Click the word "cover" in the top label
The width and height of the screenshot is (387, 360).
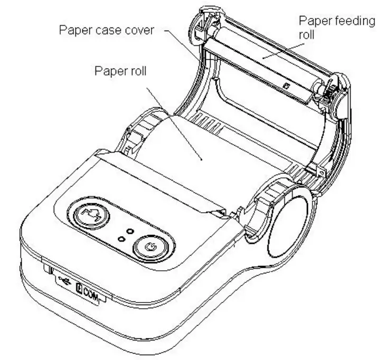tap(140, 31)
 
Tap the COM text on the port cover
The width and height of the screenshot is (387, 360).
tap(89, 289)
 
